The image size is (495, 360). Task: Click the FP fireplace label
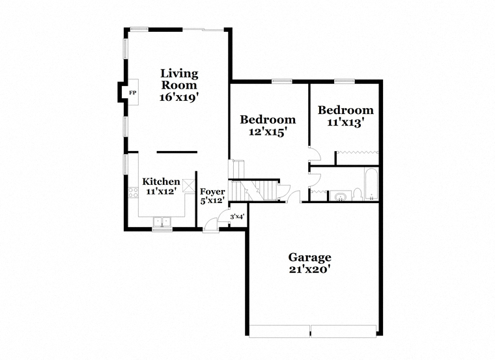[133, 92]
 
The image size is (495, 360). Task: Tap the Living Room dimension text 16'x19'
[179, 97]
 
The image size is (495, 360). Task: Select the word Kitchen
[161, 182]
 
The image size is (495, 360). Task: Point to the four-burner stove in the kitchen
[134, 193]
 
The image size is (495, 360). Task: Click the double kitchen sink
[162, 222]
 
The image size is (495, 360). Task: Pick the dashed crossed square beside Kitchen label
[190, 186]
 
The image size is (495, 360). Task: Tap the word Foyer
[212, 191]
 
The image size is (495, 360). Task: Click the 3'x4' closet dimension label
[237, 217]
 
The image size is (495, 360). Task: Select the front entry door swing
[210, 225]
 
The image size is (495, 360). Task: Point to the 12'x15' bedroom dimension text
[268, 132]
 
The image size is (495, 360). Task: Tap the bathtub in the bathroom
[371, 184]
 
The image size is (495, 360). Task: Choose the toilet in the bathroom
[357, 195]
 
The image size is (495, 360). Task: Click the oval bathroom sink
[341, 197]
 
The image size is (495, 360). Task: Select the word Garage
[309, 257]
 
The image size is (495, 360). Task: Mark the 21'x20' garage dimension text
[309, 270]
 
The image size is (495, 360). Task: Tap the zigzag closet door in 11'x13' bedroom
[358, 152]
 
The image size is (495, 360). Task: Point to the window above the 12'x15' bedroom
[282, 81]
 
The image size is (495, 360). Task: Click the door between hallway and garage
[294, 196]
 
